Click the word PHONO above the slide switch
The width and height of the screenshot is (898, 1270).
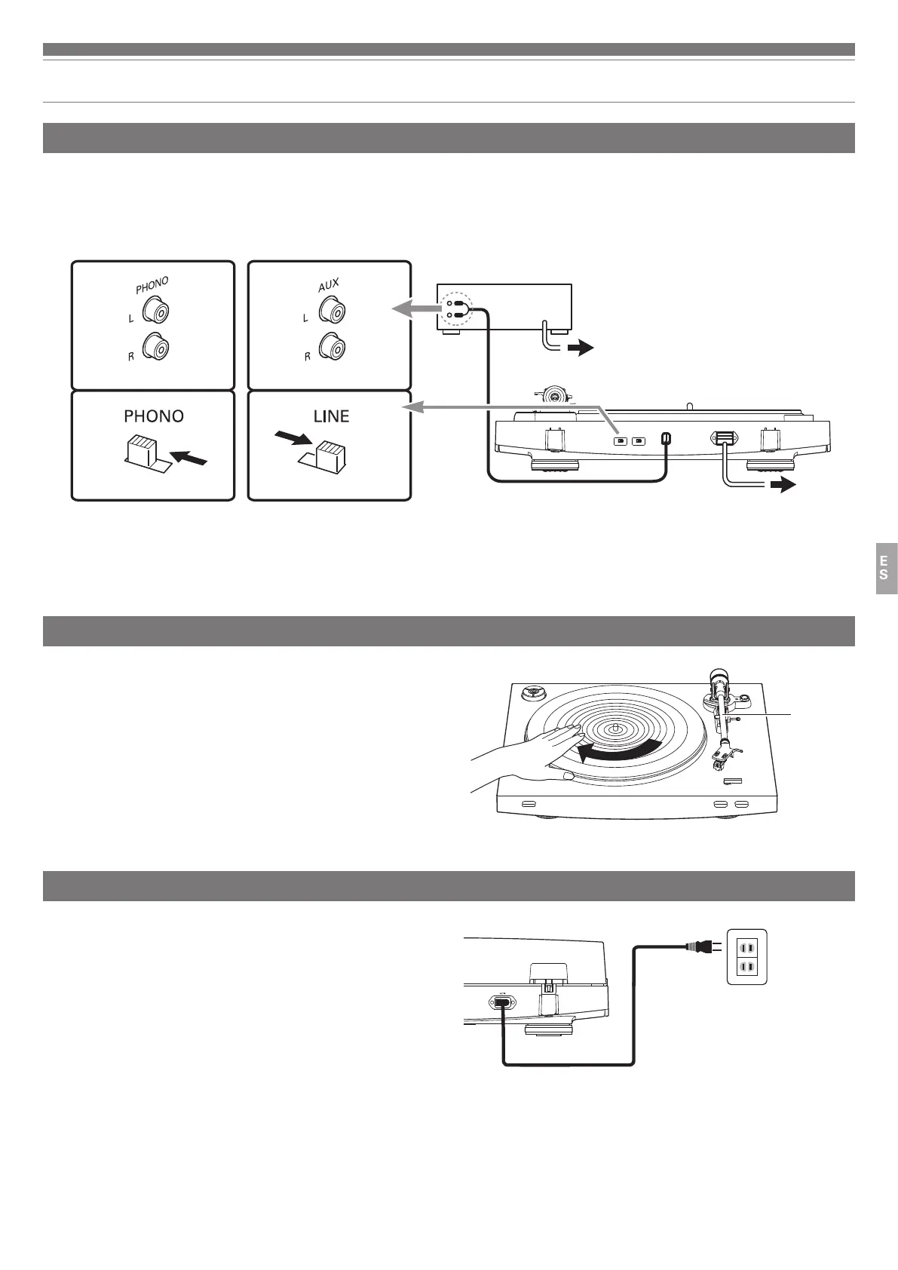(153, 416)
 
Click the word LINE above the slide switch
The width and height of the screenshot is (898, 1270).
(331, 416)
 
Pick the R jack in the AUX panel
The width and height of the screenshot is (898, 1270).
(333, 348)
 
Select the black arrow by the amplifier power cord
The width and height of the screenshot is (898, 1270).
(581, 349)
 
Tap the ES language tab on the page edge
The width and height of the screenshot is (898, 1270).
(885, 568)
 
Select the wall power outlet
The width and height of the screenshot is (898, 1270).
(746, 956)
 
